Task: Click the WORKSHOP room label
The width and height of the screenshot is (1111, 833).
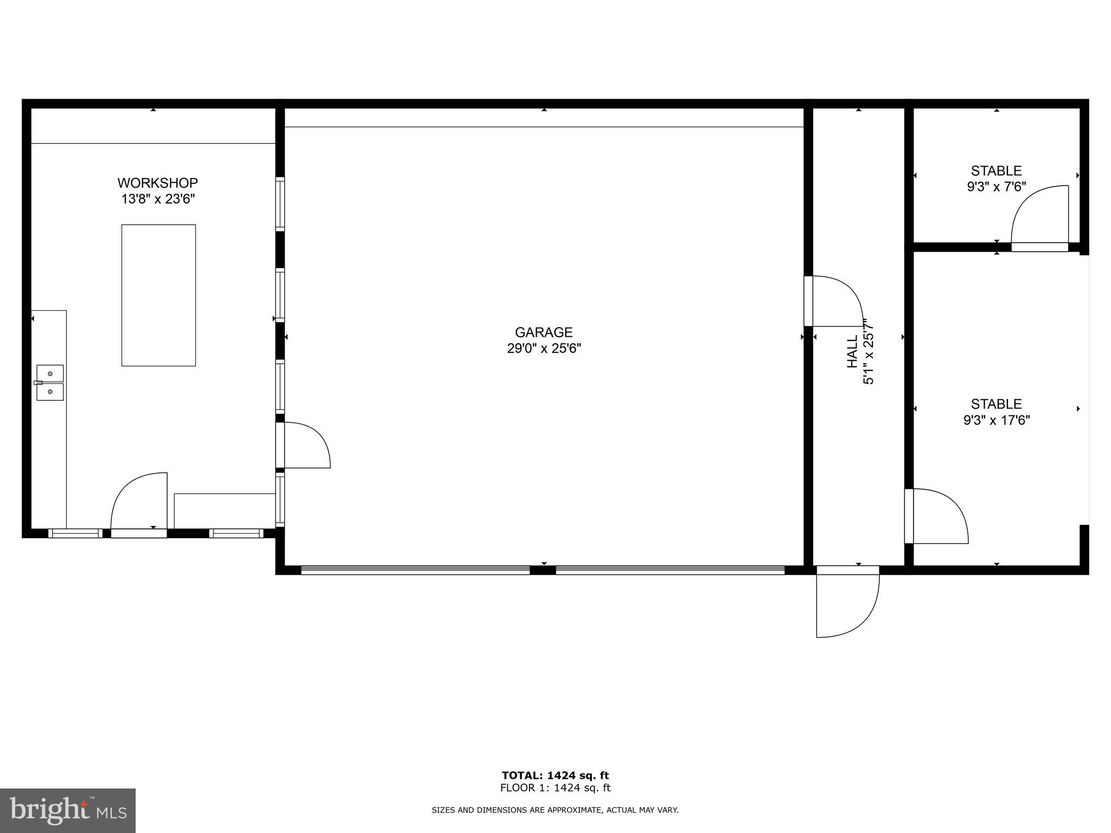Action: (x=157, y=183)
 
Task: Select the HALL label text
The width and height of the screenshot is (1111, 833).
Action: (x=852, y=351)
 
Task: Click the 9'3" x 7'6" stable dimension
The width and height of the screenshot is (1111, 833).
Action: (x=996, y=187)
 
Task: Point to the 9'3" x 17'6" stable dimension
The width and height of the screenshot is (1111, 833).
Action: (x=996, y=420)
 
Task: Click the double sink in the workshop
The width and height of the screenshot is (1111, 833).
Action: (x=50, y=383)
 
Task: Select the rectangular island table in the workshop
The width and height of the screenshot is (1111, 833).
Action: (x=158, y=295)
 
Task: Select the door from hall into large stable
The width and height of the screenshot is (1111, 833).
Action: (x=936, y=516)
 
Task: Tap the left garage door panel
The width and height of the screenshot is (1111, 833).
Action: (x=415, y=570)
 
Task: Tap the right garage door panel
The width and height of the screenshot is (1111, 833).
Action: (x=670, y=570)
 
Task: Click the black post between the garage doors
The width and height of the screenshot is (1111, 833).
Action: (x=542, y=570)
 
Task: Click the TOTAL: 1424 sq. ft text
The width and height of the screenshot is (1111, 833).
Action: (x=555, y=776)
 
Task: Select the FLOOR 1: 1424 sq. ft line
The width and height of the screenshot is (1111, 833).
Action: (x=555, y=788)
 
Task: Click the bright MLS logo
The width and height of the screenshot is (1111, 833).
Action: (x=68, y=810)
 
